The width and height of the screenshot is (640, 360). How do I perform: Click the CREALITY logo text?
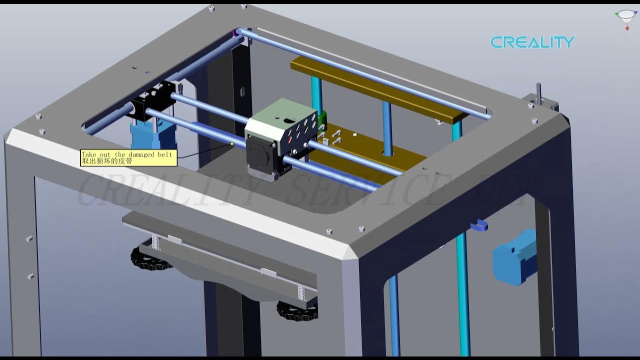(x=532, y=42)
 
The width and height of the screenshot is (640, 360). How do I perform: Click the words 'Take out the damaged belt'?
(x=126, y=154)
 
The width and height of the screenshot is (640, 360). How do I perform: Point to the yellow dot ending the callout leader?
(x=232, y=144)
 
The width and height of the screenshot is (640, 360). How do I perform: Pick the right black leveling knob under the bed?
(x=296, y=310)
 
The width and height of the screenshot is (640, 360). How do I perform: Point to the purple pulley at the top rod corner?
(x=235, y=33)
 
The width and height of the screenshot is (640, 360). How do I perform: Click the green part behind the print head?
(x=322, y=119)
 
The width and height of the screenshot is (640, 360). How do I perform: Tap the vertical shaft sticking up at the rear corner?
(x=539, y=93)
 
